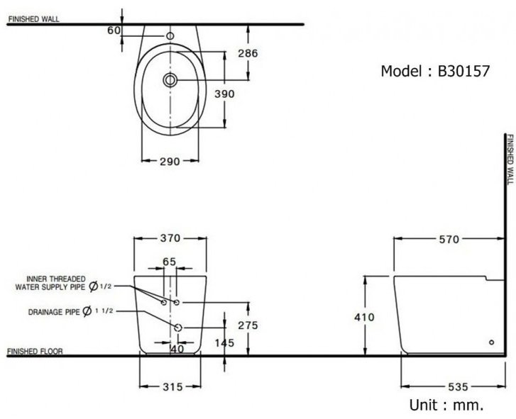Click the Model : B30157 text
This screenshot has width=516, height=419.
(434, 72)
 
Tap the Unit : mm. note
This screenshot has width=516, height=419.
(446, 406)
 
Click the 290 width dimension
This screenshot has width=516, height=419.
(168, 161)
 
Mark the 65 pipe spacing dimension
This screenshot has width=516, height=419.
(169, 262)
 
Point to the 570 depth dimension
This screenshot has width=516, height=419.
(448, 239)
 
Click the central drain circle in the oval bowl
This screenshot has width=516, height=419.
(169, 80)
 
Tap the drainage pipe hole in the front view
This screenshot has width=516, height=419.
(177, 328)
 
